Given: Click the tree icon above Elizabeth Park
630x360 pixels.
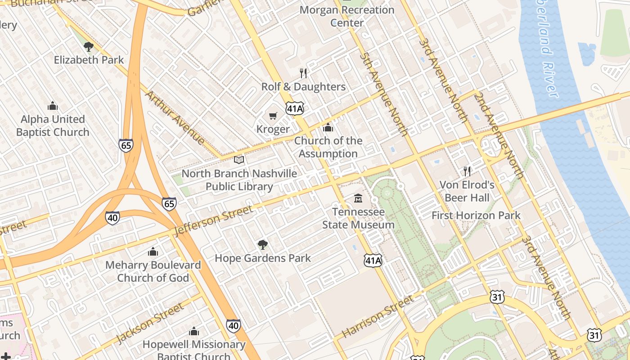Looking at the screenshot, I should pyautogui.click(x=89, y=46).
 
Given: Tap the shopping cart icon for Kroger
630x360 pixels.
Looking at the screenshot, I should pyautogui.click(x=273, y=116).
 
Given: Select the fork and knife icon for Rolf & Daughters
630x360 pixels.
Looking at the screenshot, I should pyautogui.click(x=303, y=73).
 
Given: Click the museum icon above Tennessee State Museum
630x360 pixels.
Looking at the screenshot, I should pyautogui.click(x=358, y=198).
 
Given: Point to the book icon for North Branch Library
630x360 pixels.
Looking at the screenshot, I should pyautogui.click(x=239, y=160).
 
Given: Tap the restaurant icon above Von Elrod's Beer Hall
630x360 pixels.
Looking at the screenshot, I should pyautogui.click(x=467, y=171).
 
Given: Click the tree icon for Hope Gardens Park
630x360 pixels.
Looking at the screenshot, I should pyautogui.click(x=263, y=245).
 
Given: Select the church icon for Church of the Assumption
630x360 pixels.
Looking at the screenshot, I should pyautogui.click(x=328, y=127).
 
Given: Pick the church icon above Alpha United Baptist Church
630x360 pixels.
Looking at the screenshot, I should pyautogui.click(x=53, y=106).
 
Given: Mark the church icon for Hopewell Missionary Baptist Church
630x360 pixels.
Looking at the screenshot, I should pyautogui.click(x=194, y=332).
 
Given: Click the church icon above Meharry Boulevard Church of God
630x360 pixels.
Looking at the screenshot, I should pyautogui.click(x=153, y=252).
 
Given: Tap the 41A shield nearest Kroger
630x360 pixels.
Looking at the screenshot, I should pyautogui.click(x=295, y=108).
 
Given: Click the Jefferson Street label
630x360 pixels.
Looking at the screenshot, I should pyautogui.click(x=213, y=220).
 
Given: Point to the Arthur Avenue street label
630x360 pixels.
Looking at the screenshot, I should pyautogui.click(x=175, y=118).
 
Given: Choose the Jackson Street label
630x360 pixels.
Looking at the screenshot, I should pyautogui.click(x=150, y=324).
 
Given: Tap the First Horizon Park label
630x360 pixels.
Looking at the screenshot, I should pyautogui.click(x=476, y=216).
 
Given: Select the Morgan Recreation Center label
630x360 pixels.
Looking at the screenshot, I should pyautogui.click(x=346, y=16).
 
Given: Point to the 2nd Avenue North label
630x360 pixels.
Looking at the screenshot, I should pyautogui.click(x=499, y=135).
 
